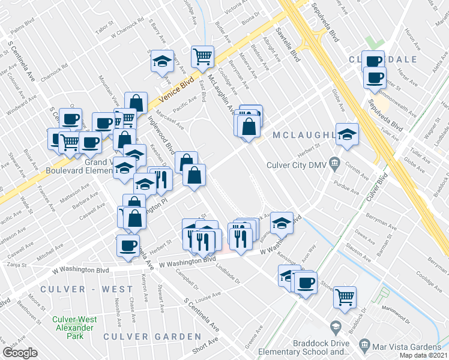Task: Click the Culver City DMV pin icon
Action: pos(335,162)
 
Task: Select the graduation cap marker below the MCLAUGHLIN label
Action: pos(346,134)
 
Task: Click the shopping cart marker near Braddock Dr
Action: pos(345,296)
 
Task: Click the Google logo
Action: pos(20,353)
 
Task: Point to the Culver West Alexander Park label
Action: pos(73,328)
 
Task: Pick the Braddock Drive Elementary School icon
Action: pos(335,328)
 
